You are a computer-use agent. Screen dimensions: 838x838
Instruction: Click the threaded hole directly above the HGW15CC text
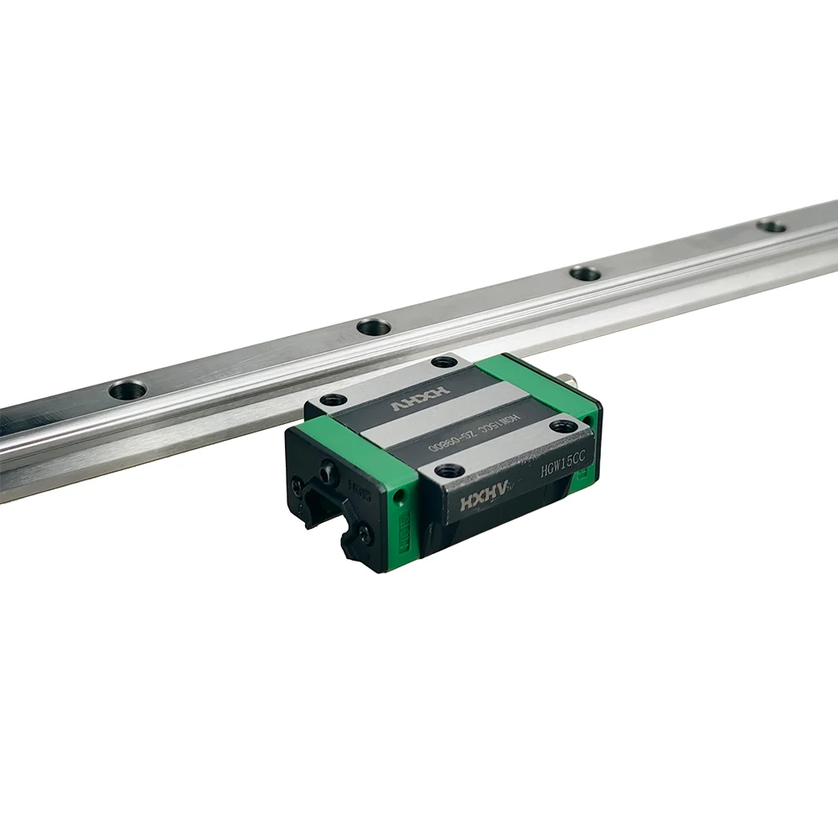[562, 426]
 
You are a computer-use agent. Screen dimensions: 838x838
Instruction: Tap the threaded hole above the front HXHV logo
[448, 470]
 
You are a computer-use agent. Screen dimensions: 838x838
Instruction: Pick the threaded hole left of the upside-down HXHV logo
[334, 400]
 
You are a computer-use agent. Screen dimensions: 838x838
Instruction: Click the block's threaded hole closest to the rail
[443, 362]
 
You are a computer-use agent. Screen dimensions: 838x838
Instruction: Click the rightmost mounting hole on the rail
[772, 225]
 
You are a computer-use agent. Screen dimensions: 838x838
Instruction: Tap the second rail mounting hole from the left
[373, 327]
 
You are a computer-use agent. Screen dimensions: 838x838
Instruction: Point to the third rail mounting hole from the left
[585, 273]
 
